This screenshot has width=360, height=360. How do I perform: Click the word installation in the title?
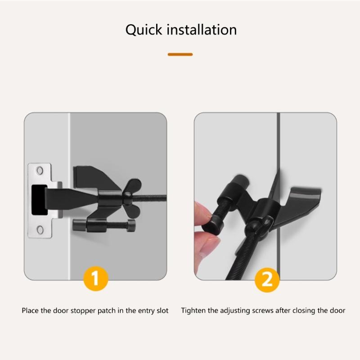coord(202,30)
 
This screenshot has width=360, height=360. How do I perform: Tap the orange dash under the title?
coord(180,54)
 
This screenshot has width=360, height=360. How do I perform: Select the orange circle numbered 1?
coord(95,279)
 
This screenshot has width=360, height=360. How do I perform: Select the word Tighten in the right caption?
coord(192,310)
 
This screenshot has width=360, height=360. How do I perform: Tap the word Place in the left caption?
coord(30,310)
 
